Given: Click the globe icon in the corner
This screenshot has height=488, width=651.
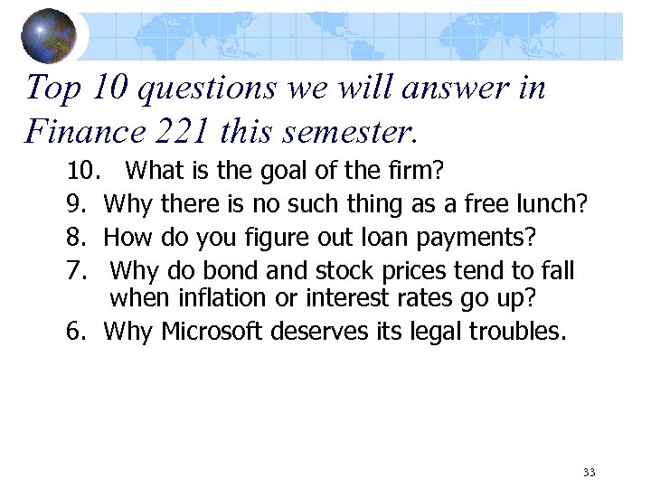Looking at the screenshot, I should pos(49,35).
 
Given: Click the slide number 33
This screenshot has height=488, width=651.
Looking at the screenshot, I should pos(590,472).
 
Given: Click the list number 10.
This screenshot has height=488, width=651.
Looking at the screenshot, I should pos(82,170).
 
